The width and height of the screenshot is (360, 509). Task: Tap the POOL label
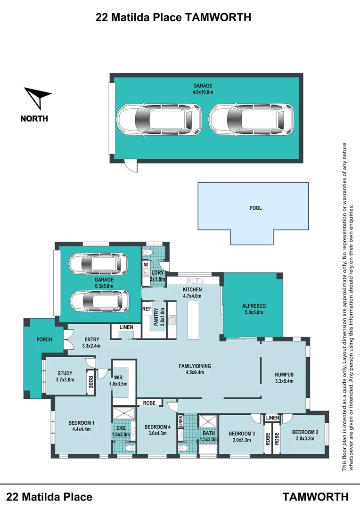(x=255, y=208)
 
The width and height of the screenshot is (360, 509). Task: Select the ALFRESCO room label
(x=254, y=306)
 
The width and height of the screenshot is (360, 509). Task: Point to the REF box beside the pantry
(x=147, y=309)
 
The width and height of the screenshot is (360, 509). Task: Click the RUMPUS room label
(x=284, y=375)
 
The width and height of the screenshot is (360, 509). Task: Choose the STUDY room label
(x=65, y=373)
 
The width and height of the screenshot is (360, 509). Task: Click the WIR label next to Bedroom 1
(x=118, y=378)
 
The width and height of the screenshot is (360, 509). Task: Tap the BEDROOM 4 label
(x=157, y=427)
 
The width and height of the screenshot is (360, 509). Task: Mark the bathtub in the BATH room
(x=208, y=450)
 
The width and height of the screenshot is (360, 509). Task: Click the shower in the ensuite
(x=123, y=414)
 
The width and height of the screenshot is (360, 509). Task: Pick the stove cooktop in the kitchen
(x=172, y=320)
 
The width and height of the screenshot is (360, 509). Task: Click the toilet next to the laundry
(x=147, y=252)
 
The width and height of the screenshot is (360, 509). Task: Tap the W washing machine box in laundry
(x=146, y=265)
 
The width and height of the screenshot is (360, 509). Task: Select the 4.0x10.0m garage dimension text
(x=203, y=92)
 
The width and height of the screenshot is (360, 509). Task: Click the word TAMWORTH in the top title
(x=218, y=17)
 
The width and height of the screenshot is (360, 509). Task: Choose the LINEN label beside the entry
(x=126, y=327)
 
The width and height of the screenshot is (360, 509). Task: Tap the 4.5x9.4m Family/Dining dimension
(x=195, y=372)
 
